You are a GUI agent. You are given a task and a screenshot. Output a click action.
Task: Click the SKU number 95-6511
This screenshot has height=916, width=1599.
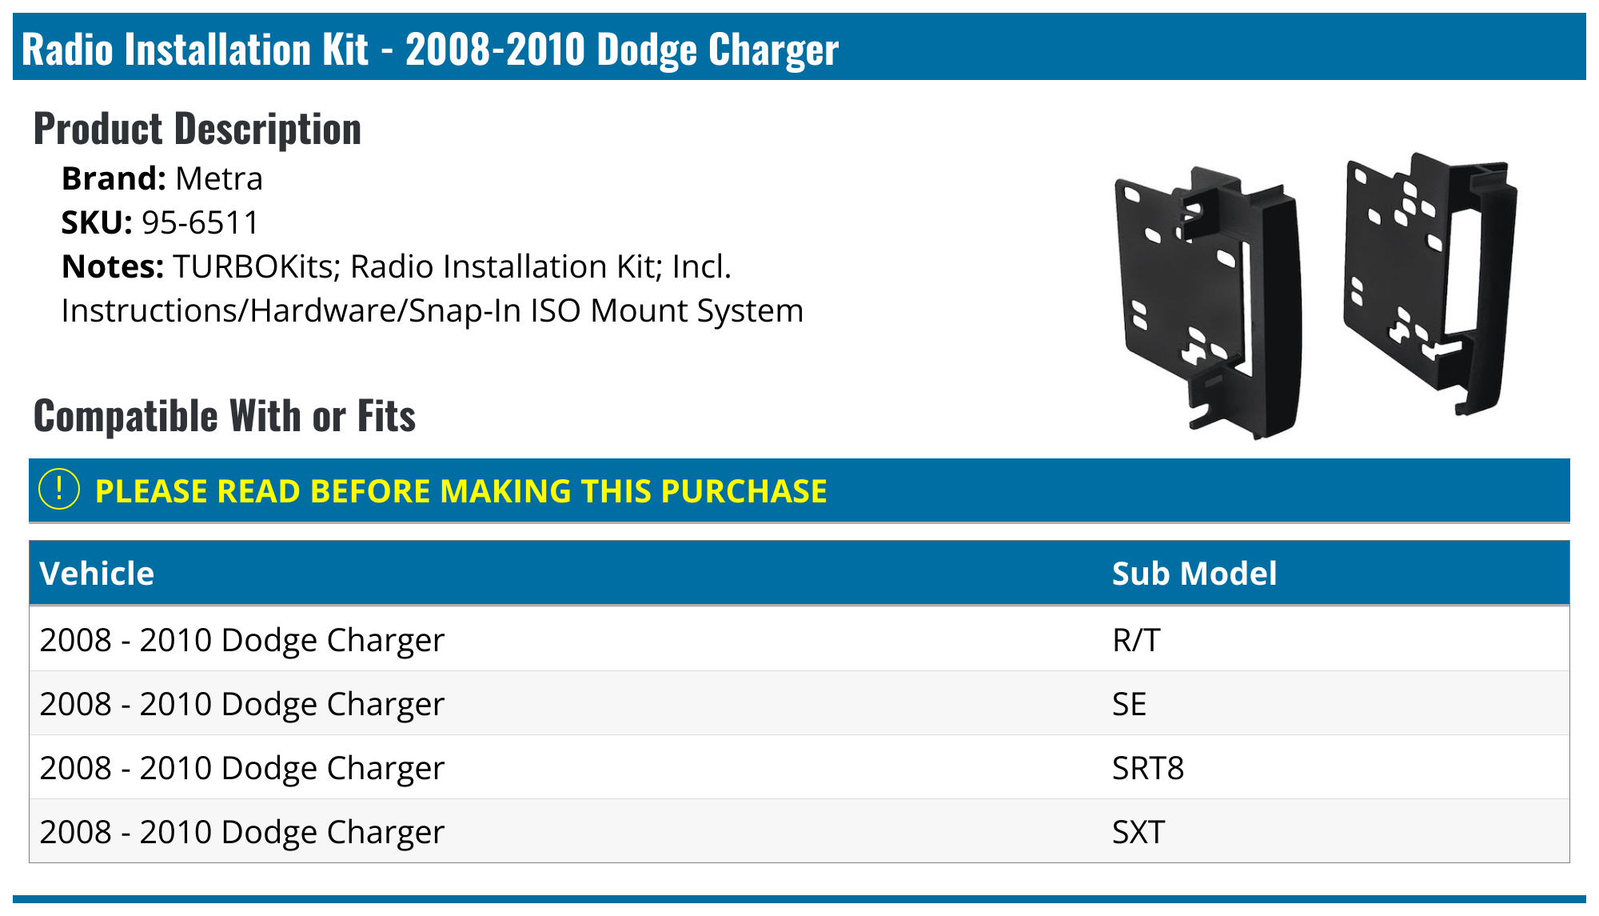[x=200, y=223]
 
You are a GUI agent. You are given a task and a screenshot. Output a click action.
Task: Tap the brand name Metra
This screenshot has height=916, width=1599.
[x=218, y=179]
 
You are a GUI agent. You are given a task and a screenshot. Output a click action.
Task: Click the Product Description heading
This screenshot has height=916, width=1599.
[x=197, y=130]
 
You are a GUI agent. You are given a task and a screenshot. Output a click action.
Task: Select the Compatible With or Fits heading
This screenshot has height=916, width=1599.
[x=224, y=416]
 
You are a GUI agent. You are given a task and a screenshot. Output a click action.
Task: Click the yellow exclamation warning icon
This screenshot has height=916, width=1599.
[x=59, y=490]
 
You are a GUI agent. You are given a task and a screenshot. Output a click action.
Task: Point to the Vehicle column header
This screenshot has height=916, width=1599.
[x=97, y=574]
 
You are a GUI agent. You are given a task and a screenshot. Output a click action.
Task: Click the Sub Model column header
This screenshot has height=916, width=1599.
[x=1194, y=574]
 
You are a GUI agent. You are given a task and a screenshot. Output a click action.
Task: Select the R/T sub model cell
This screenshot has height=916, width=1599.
[x=1135, y=640]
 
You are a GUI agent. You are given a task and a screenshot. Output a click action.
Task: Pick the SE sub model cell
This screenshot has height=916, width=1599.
[x=1129, y=704]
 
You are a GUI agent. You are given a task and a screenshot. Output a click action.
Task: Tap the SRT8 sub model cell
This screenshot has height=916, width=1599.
[x=1147, y=768]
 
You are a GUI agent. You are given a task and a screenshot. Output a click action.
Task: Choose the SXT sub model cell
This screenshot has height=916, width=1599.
[x=1138, y=832]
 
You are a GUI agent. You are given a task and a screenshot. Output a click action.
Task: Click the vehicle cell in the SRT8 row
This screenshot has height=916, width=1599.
[x=241, y=768]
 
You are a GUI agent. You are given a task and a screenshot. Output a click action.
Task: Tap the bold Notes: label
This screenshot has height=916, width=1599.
[x=113, y=267]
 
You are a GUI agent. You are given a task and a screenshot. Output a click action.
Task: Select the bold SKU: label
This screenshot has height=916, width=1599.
[x=97, y=223]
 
